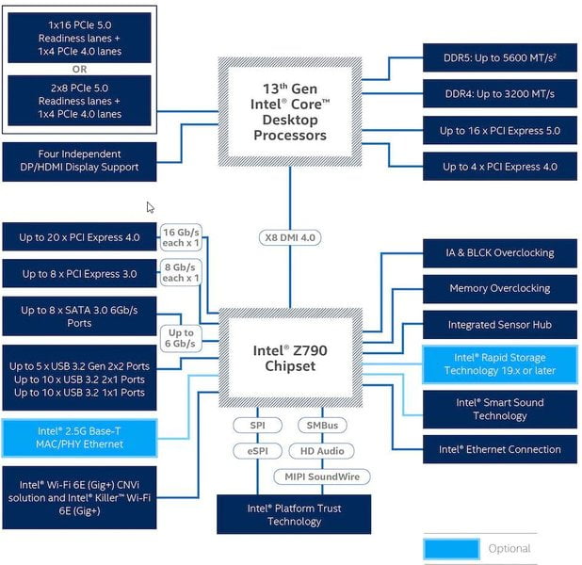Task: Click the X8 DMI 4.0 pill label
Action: [290, 237]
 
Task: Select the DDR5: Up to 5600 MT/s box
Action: [500, 57]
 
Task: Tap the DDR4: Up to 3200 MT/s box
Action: [500, 93]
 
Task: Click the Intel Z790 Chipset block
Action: [290, 358]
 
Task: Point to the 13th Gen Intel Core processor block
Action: [290, 112]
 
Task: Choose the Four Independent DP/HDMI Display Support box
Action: [79, 162]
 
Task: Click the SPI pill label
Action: [258, 425]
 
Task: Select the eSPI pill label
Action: [258, 451]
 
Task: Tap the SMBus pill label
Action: [322, 425]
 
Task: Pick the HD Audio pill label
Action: [322, 451]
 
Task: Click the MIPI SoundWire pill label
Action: [322, 476]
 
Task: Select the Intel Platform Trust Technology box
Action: [294, 514]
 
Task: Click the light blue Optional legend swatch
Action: [451, 549]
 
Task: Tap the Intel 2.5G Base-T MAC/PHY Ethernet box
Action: [79, 438]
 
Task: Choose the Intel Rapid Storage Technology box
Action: [500, 364]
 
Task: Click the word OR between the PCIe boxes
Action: [79, 69]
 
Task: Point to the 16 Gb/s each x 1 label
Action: [181, 237]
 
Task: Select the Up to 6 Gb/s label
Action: [181, 338]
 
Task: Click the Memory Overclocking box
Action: [500, 288]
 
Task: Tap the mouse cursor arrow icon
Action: [150, 207]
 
